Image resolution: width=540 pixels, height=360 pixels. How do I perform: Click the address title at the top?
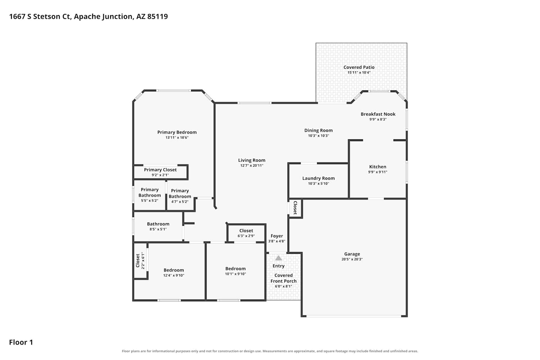click(89, 17)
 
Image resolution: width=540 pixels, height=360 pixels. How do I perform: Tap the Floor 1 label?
click(21, 342)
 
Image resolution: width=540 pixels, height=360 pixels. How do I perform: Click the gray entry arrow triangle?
click(278, 258)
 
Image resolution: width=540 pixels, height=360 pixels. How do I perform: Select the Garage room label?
click(352, 254)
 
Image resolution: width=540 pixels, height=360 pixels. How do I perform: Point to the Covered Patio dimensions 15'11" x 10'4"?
click(359, 73)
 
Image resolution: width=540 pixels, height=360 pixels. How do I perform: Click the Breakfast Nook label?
click(378, 114)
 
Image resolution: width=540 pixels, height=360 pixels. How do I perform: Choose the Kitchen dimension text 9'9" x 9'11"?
click(378, 172)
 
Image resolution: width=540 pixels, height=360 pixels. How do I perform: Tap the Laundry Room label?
click(319, 179)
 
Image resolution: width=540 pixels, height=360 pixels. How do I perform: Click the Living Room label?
click(252, 160)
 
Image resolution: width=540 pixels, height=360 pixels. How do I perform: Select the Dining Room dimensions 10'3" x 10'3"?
click(319, 136)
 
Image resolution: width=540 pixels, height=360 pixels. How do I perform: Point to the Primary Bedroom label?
click(177, 132)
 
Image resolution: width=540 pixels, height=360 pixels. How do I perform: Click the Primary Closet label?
click(160, 170)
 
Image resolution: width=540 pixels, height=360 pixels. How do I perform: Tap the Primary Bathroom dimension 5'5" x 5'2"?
click(150, 201)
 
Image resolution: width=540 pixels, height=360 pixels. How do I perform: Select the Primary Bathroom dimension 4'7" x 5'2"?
click(180, 202)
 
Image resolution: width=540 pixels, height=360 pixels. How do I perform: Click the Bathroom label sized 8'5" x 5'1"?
click(158, 224)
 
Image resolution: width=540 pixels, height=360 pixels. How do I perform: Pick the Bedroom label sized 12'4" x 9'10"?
click(174, 270)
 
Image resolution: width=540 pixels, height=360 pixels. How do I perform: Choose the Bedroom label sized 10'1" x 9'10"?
click(235, 269)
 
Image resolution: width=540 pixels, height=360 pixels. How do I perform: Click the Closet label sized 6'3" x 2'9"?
click(246, 231)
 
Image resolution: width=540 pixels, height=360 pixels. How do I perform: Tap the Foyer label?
click(277, 236)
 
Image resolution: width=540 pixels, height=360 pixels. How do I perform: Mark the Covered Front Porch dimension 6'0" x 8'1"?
click(284, 287)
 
